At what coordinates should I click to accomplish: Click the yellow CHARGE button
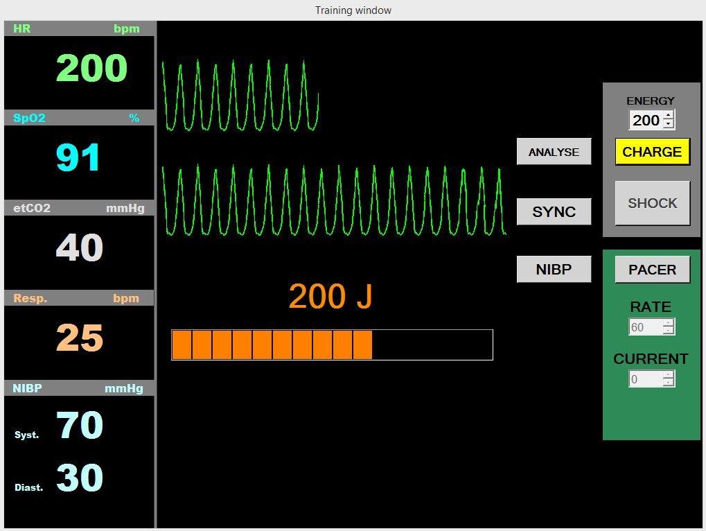tap(653, 152)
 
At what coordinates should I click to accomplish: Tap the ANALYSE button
tap(554, 152)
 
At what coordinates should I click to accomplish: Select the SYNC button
tap(554, 211)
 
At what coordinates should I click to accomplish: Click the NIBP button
tap(554, 270)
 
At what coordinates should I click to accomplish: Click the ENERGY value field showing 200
tap(646, 120)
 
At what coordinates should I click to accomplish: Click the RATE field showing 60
tap(646, 327)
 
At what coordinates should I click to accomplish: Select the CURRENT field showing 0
tap(646, 379)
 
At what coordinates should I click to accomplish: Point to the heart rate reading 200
tap(92, 68)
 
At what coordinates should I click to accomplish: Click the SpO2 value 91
tap(78, 157)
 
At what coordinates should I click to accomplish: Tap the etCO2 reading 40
tap(80, 247)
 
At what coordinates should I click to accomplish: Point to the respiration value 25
tap(80, 338)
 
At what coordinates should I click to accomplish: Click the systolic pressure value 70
tap(80, 425)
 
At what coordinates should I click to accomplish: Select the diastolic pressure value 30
tap(80, 478)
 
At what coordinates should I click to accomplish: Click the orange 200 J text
tap(330, 297)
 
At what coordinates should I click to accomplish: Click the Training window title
tap(353, 10)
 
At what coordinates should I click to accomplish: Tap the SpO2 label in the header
tap(29, 118)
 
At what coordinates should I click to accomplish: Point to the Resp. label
tap(30, 298)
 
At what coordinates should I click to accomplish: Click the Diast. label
tap(29, 487)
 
